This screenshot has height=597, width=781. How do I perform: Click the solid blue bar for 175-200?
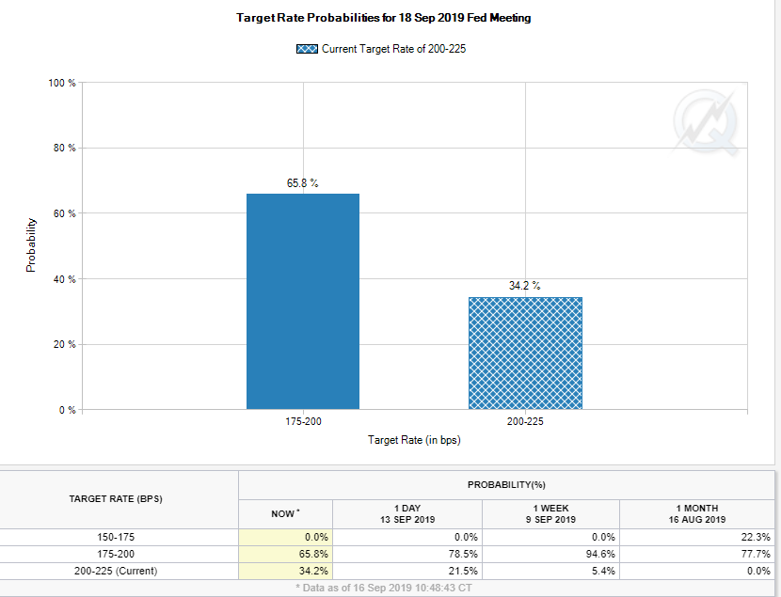click(302, 301)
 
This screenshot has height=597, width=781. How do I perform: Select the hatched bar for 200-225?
click(525, 353)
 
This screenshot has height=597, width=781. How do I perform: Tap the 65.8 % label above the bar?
click(302, 182)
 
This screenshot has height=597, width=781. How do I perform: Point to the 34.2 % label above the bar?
click(525, 286)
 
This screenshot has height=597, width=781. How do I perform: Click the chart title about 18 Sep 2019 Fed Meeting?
click(383, 18)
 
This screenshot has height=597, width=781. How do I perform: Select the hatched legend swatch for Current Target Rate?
click(307, 49)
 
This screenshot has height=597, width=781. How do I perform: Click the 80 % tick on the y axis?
click(63, 149)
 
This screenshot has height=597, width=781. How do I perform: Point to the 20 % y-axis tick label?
click(63, 345)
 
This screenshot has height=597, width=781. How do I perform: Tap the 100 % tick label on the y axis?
click(61, 83)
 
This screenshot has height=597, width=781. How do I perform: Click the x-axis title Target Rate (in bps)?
click(414, 440)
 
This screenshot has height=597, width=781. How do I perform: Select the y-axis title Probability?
click(31, 245)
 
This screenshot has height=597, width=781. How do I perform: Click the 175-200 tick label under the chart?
click(302, 422)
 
